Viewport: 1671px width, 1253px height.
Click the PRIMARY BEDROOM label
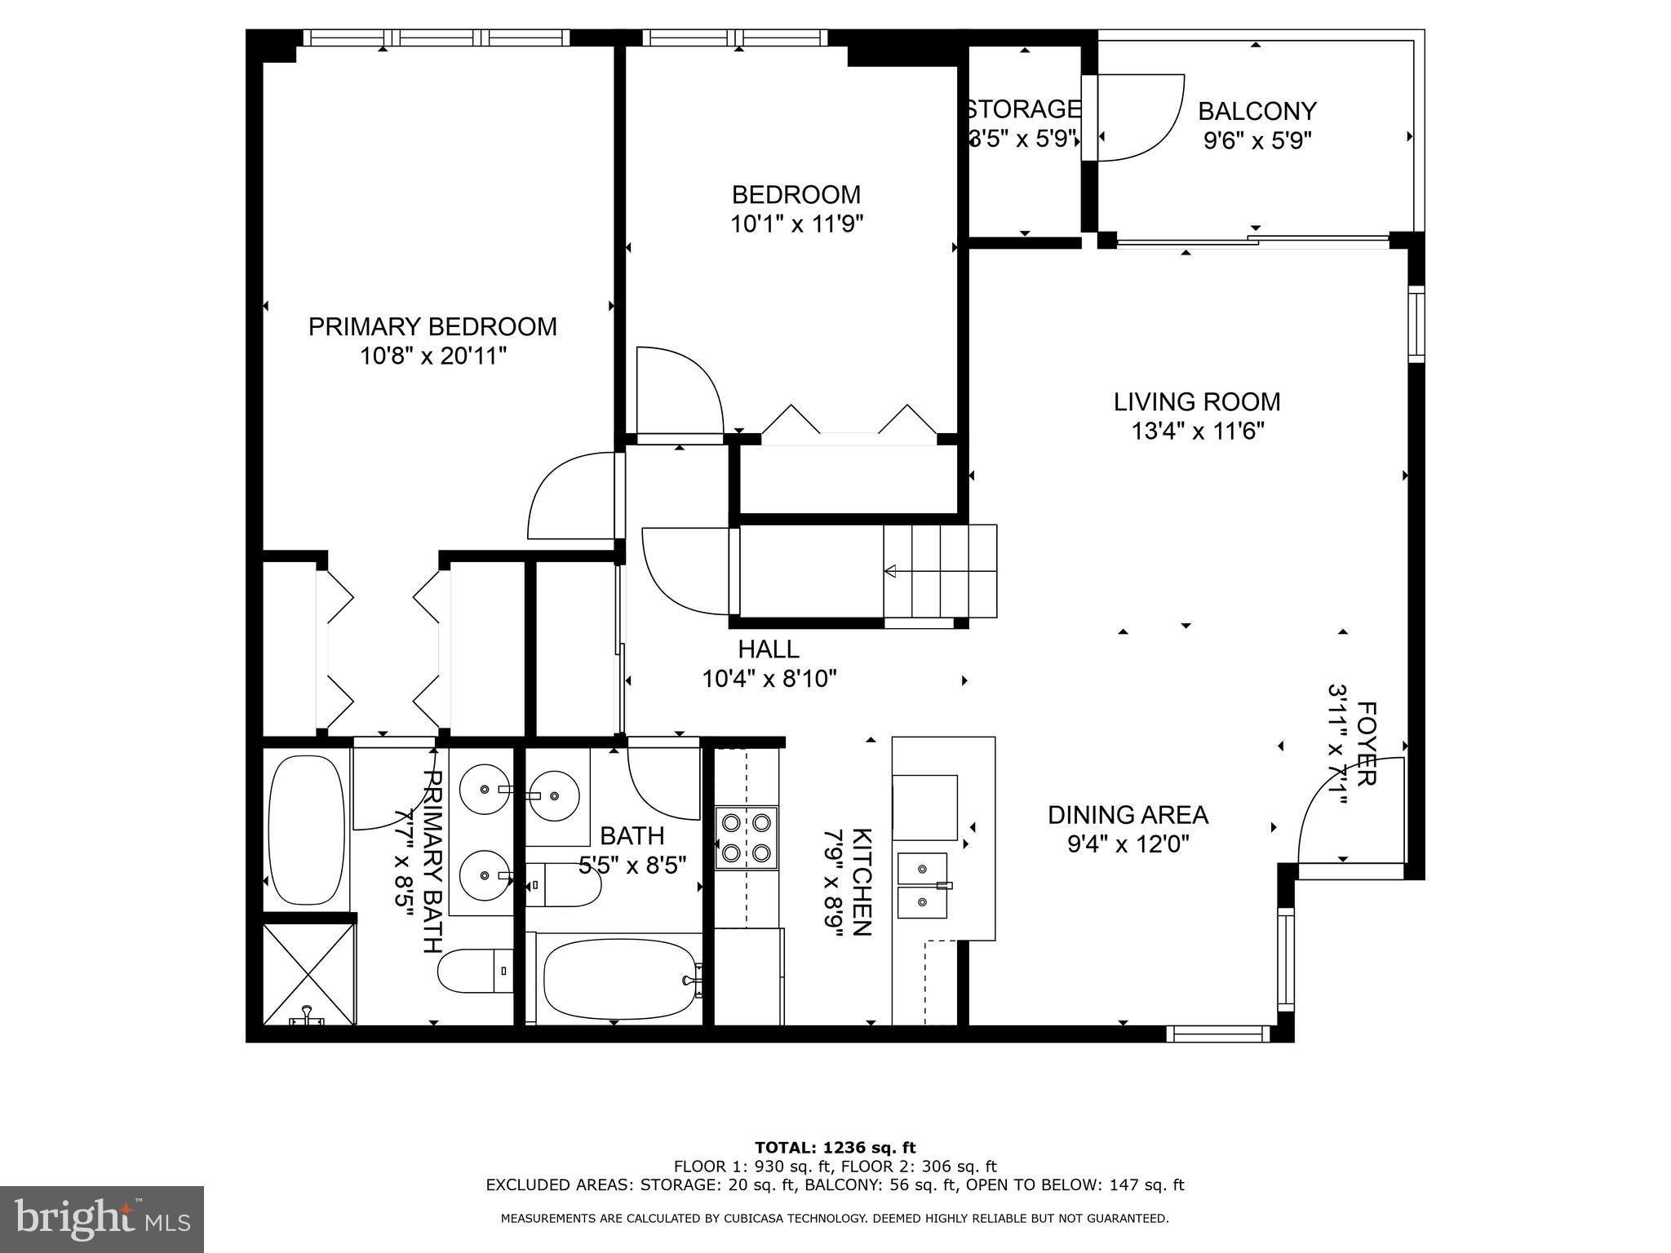[x=432, y=326]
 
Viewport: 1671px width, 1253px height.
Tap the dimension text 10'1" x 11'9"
[x=796, y=224]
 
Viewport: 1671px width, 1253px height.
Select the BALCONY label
[x=1257, y=111]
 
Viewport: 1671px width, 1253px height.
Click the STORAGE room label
[x=1024, y=108]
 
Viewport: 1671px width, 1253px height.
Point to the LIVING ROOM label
[x=1197, y=401]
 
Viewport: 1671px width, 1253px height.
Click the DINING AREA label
[x=1128, y=814]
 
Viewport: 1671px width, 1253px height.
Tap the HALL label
[x=769, y=649]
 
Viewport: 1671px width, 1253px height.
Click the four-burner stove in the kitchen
[x=746, y=838]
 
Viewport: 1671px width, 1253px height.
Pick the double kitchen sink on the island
[x=923, y=885]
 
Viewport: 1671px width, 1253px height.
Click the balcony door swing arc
[x=1142, y=118]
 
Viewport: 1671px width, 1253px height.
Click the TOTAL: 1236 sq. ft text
[x=835, y=1148]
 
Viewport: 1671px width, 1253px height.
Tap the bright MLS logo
[x=102, y=1219]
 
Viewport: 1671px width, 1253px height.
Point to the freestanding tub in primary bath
[x=306, y=830]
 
